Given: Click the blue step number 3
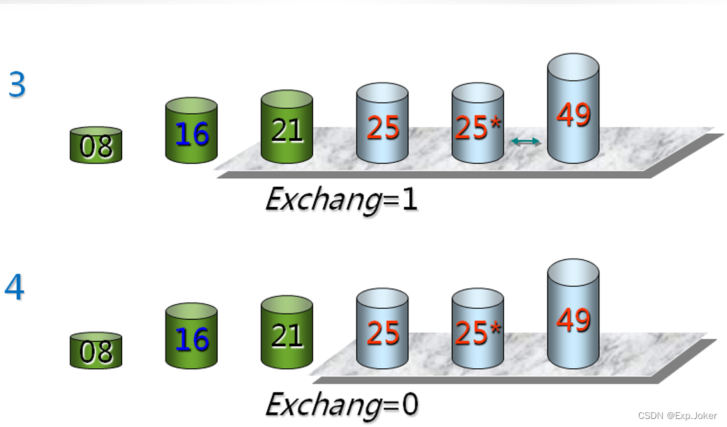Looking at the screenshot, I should (x=17, y=85).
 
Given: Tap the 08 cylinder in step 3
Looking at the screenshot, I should (x=96, y=145).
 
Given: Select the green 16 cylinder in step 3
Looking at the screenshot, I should (x=192, y=131).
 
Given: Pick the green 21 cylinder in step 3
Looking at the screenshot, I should (x=287, y=127).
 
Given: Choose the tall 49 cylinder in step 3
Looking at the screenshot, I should (x=573, y=111).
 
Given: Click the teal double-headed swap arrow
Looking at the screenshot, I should (x=525, y=141).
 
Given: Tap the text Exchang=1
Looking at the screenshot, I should (x=341, y=199).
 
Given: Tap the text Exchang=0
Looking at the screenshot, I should (x=341, y=404).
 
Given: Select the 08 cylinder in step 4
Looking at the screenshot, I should (x=96, y=351).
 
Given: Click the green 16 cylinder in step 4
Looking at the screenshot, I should (x=192, y=337).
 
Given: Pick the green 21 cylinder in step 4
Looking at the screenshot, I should (x=287, y=333).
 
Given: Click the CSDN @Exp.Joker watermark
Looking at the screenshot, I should (x=677, y=416).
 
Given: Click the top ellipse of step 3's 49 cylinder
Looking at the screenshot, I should (x=573, y=65).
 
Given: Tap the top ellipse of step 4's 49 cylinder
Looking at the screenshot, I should (x=573, y=270).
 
